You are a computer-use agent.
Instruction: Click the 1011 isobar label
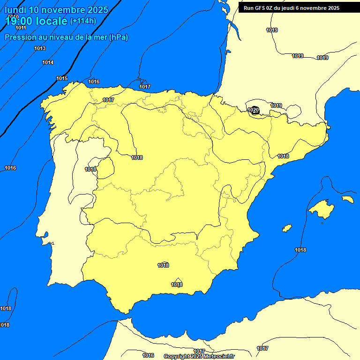tap(21, 28)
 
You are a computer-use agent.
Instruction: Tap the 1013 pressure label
tap(40, 48)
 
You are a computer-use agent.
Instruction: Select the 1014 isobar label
tap(48, 62)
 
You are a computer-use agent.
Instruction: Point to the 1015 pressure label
tap(62, 78)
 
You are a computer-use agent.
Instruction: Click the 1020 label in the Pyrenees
tap(253, 110)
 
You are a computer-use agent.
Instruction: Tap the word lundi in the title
tap(15, 10)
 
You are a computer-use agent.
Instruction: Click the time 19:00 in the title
tap(19, 21)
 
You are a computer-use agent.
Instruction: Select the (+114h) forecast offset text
tap(83, 21)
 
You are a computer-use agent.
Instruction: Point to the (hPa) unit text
tap(119, 37)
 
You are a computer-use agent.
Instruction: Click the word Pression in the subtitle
tap(20, 37)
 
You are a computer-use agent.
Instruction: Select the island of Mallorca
tap(321, 208)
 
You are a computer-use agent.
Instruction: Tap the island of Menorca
tap(347, 199)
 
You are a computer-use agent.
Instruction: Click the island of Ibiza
tap(287, 228)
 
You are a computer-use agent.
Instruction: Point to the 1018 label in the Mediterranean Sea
tap(300, 250)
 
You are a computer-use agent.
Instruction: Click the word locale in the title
tap(52, 21)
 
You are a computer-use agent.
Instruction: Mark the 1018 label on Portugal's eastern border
tap(90, 169)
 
